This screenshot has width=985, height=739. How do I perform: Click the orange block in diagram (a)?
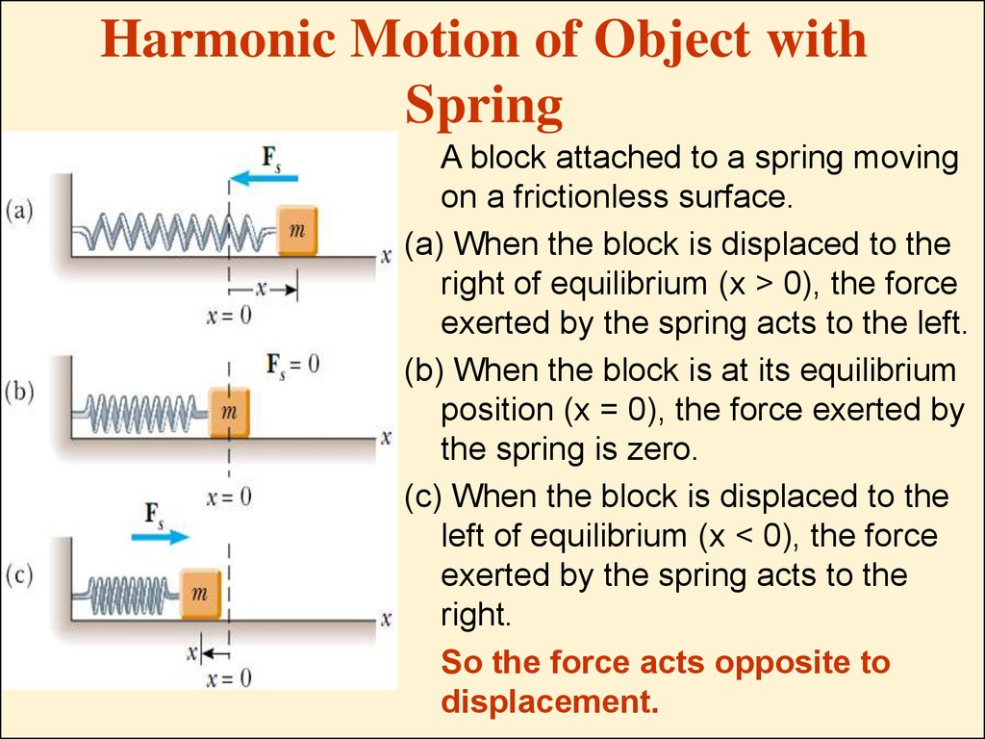coord(298,231)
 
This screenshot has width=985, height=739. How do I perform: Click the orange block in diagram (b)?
coord(229,412)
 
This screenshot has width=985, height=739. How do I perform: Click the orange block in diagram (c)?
coord(201,594)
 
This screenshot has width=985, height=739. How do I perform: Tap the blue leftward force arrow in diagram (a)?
coord(264,178)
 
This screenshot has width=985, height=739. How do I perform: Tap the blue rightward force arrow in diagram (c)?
coord(161,537)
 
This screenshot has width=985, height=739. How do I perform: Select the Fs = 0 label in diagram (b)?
coord(292,365)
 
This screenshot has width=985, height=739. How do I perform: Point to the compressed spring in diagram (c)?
coord(127,595)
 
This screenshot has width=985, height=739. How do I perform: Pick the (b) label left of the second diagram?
coord(19,392)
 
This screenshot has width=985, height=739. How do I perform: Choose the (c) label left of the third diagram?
coord(19,574)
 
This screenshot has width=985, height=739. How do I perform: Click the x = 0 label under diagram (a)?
coord(229,316)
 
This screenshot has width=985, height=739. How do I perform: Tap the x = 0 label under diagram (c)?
coord(229,678)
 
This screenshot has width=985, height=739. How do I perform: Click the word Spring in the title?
coord(484,107)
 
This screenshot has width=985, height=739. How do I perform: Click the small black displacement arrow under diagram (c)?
coord(215,653)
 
